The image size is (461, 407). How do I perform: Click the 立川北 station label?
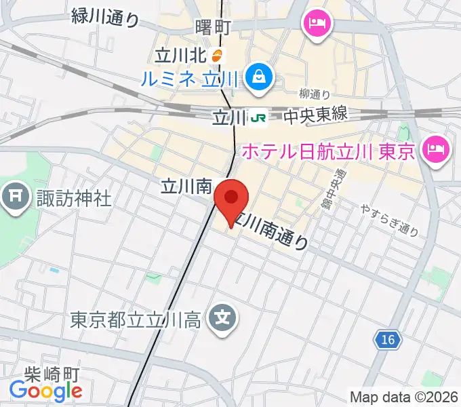pyautogui.click(x=181, y=55)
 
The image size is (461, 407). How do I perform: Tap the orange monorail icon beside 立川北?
pyautogui.click(x=217, y=55)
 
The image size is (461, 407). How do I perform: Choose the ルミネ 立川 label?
pyautogui.click(x=190, y=79)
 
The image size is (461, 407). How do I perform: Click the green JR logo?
pyautogui.click(x=258, y=118)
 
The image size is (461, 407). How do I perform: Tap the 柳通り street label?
pyautogui.click(x=314, y=94)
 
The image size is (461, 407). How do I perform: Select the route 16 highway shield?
pyautogui.click(x=384, y=337)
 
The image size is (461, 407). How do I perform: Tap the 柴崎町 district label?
pyautogui.click(x=52, y=374)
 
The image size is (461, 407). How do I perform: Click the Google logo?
pyautogui.click(x=45, y=391)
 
